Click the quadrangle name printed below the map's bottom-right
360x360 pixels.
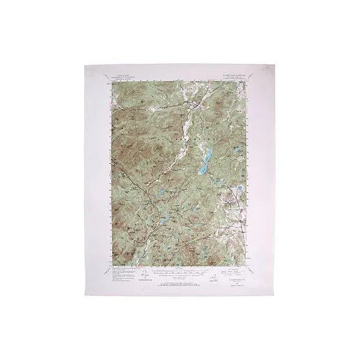[237, 277]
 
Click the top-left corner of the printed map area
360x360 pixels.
[111, 82]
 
